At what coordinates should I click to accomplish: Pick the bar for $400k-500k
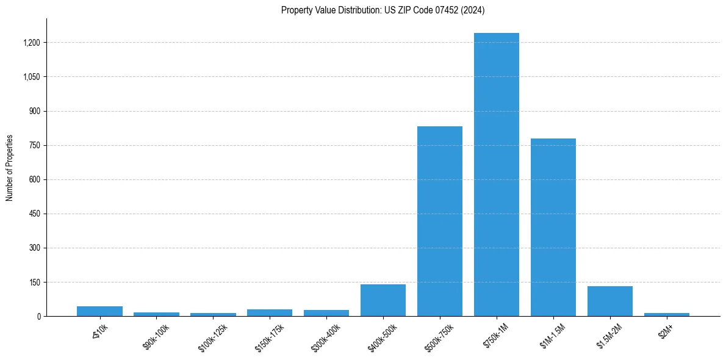[383, 300]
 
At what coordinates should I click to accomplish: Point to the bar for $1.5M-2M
[609, 301]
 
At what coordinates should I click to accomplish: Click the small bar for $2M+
[666, 314]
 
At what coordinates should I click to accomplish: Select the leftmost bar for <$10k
[99, 311]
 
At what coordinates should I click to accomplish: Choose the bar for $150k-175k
[270, 312]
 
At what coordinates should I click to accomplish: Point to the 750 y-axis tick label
[35, 145]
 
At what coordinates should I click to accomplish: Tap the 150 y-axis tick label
[35, 283]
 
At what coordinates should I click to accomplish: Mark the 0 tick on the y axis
[38, 317]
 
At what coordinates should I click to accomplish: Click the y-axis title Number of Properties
[10, 167]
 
